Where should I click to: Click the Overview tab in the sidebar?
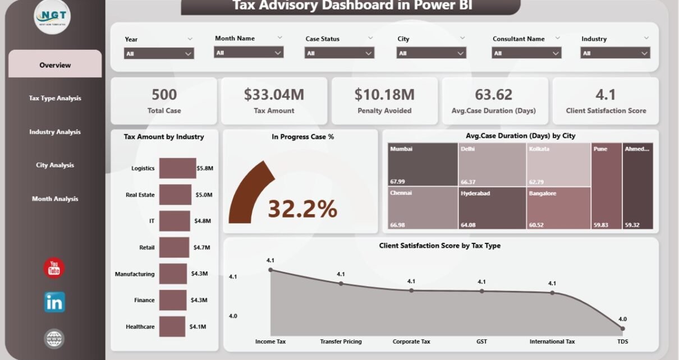55,65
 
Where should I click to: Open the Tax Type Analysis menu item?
55,98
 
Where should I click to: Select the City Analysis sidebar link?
55,165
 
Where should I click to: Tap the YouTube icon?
54,268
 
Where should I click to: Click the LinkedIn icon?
54,302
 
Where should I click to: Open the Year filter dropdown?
159,53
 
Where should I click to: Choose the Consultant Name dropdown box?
526,53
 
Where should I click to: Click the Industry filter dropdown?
614,53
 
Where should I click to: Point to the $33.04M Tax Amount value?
274,95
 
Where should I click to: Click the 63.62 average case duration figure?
494,95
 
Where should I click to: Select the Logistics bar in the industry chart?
177,168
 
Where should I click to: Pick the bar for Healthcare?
172,326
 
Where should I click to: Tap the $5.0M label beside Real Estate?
204,195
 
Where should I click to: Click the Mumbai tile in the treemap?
423,164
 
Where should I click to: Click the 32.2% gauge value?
302,209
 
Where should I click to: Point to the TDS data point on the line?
622,328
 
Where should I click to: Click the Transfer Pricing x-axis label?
341,341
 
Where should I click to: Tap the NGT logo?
52,17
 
